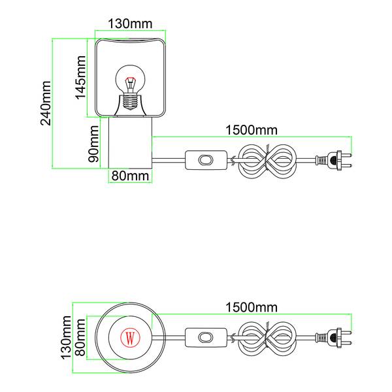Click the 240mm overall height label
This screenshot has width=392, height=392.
(x=46, y=103)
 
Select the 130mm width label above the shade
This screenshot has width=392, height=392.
(x=129, y=24)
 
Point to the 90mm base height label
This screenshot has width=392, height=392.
(x=94, y=144)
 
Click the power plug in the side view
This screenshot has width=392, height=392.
(x=333, y=160)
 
